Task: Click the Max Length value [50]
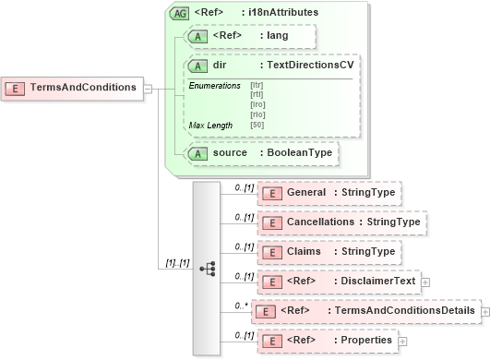click(257, 125)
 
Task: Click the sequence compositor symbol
click(207, 269)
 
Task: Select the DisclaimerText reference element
click(338, 282)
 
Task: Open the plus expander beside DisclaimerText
click(425, 282)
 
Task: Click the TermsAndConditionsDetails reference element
click(366, 312)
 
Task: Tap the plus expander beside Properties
click(402, 342)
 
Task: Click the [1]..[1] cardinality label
click(178, 262)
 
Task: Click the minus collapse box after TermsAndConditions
click(149, 89)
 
